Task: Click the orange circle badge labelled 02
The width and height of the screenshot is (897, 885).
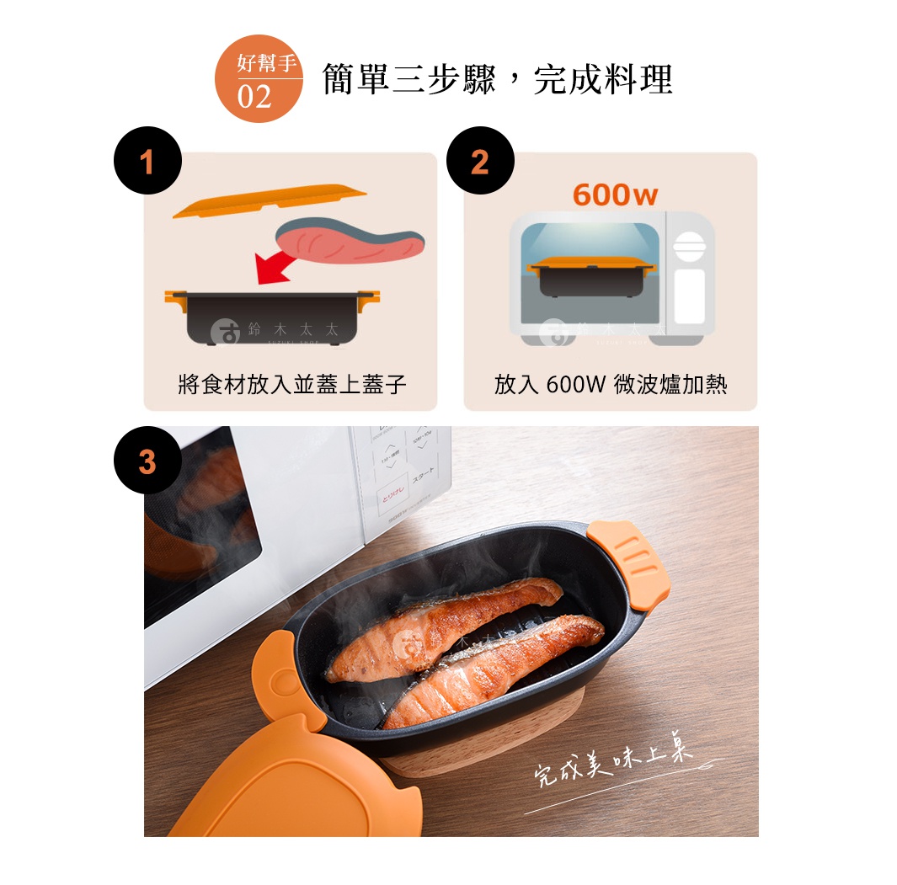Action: click(x=259, y=80)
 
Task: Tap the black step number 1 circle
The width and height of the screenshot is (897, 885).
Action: click(x=149, y=161)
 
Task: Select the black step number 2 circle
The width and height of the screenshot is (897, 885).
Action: click(x=479, y=161)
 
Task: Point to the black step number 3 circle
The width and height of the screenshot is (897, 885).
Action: click(x=148, y=461)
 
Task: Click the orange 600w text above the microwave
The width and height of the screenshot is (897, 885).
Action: click(x=614, y=195)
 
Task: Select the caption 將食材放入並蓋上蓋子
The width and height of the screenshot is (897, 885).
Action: click(x=292, y=386)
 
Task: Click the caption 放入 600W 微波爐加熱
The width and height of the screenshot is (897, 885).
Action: click(x=611, y=386)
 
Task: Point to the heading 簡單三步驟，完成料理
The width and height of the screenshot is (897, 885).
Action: click(x=497, y=80)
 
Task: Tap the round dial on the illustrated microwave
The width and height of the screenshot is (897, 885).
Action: click(x=689, y=245)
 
